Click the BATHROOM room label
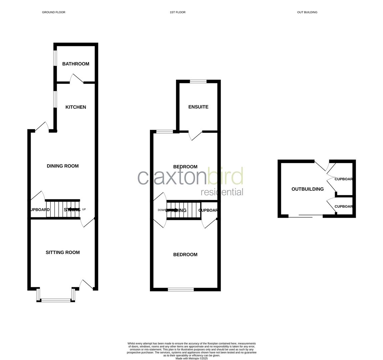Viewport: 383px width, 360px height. pyautogui.click(x=76, y=64)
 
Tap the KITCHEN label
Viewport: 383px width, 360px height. pyautogui.click(x=76, y=107)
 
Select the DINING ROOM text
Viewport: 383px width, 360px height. pyautogui.click(x=63, y=166)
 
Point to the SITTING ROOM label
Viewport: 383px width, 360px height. pyautogui.click(x=63, y=253)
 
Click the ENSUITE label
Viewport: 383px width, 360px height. pyautogui.click(x=198, y=107)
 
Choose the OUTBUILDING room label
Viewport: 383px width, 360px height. pyautogui.click(x=307, y=189)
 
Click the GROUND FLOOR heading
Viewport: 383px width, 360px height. pyautogui.click(x=54, y=12)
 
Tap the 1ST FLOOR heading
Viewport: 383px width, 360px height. pyautogui.click(x=178, y=12)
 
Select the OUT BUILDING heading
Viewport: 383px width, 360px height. pyautogui.click(x=307, y=12)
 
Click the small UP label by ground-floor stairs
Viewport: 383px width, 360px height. pyautogui.click(x=84, y=209)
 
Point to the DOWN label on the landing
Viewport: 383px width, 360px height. pyautogui.click(x=162, y=210)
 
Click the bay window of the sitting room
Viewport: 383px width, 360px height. pyautogui.click(x=56, y=300)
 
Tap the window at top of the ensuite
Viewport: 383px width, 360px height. pyautogui.click(x=198, y=81)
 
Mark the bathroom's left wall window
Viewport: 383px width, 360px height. pyautogui.click(x=55, y=61)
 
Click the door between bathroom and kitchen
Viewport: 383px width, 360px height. pyautogui.click(x=77, y=79)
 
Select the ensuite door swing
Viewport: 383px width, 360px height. pyautogui.click(x=195, y=135)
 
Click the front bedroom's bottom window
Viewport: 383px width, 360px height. pyautogui.click(x=181, y=289)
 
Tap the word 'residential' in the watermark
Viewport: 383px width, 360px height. pyautogui.click(x=222, y=192)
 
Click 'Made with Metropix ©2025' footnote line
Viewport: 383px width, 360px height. pyautogui.click(x=192, y=358)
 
